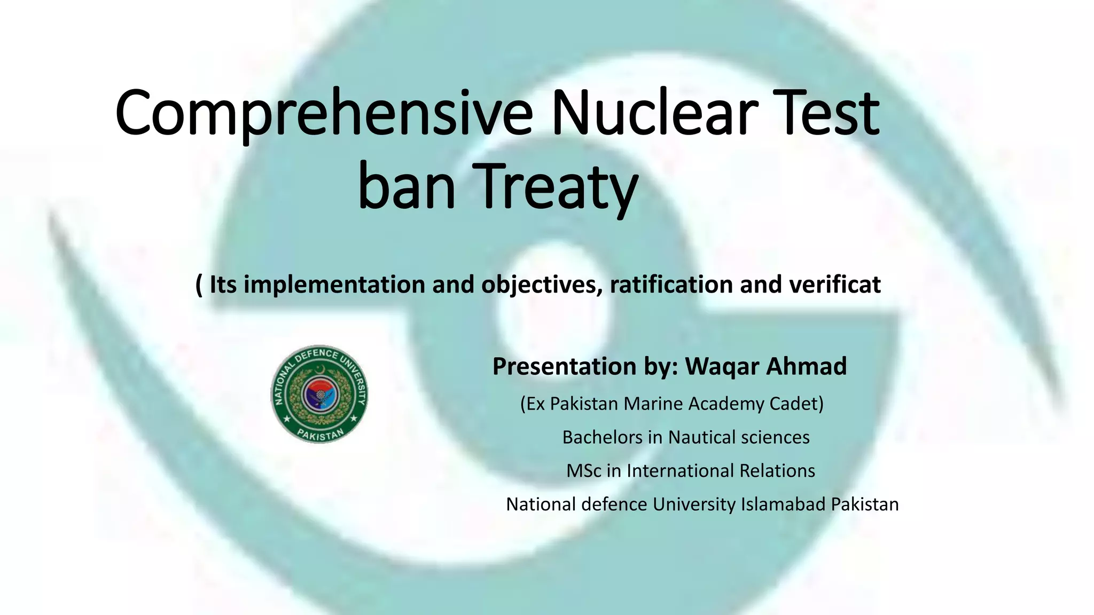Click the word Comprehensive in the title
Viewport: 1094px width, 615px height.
[324, 113]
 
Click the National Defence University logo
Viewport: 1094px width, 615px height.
[319, 394]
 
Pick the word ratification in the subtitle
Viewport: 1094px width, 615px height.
[671, 285]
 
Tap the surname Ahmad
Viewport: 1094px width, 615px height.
[806, 366]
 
